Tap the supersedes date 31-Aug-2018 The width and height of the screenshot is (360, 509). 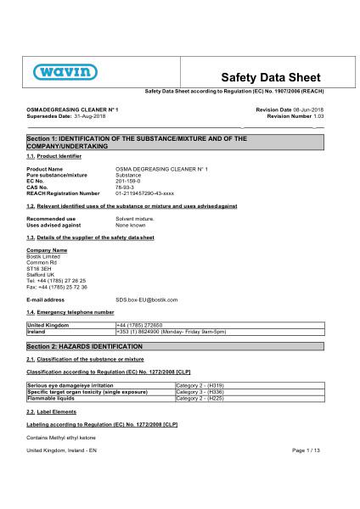(x=82, y=116)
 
